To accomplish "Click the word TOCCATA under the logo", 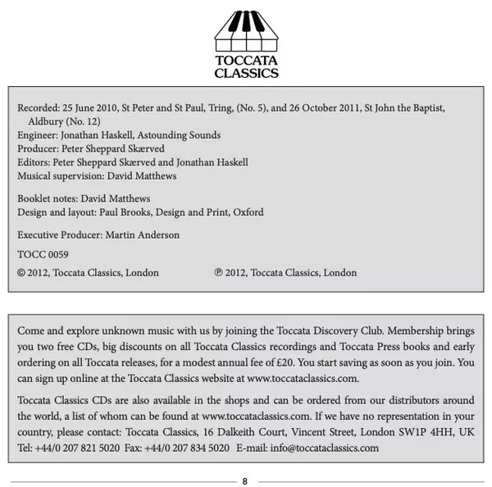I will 246,60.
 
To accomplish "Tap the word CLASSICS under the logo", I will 246,73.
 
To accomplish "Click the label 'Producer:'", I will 39,148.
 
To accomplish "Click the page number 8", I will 245,480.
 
